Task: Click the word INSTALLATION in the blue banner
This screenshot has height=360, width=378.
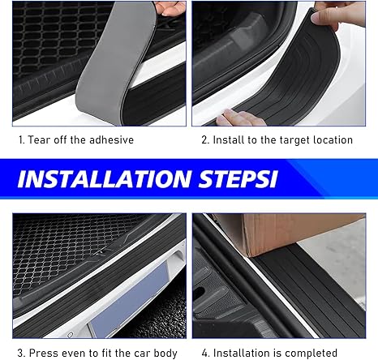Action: (x=105, y=179)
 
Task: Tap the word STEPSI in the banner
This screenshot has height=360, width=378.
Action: (x=238, y=179)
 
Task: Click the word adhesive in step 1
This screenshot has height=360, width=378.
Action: (x=111, y=139)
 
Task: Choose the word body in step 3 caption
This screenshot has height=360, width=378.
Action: (x=165, y=354)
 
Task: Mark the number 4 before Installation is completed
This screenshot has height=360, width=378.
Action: (x=205, y=353)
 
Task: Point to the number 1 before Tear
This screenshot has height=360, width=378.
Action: (x=21, y=140)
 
